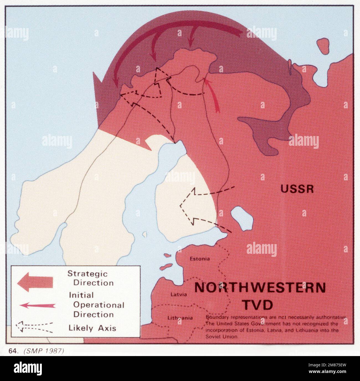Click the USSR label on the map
click(297, 189)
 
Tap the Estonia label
click(199, 259)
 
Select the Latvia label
click(179, 294)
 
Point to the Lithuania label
click(180, 318)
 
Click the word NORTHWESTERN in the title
click(260, 288)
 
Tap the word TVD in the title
click(258, 305)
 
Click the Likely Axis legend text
click(92, 328)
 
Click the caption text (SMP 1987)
click(44, 351)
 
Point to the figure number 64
click(12, 351)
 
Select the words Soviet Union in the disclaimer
click(221, 337)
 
